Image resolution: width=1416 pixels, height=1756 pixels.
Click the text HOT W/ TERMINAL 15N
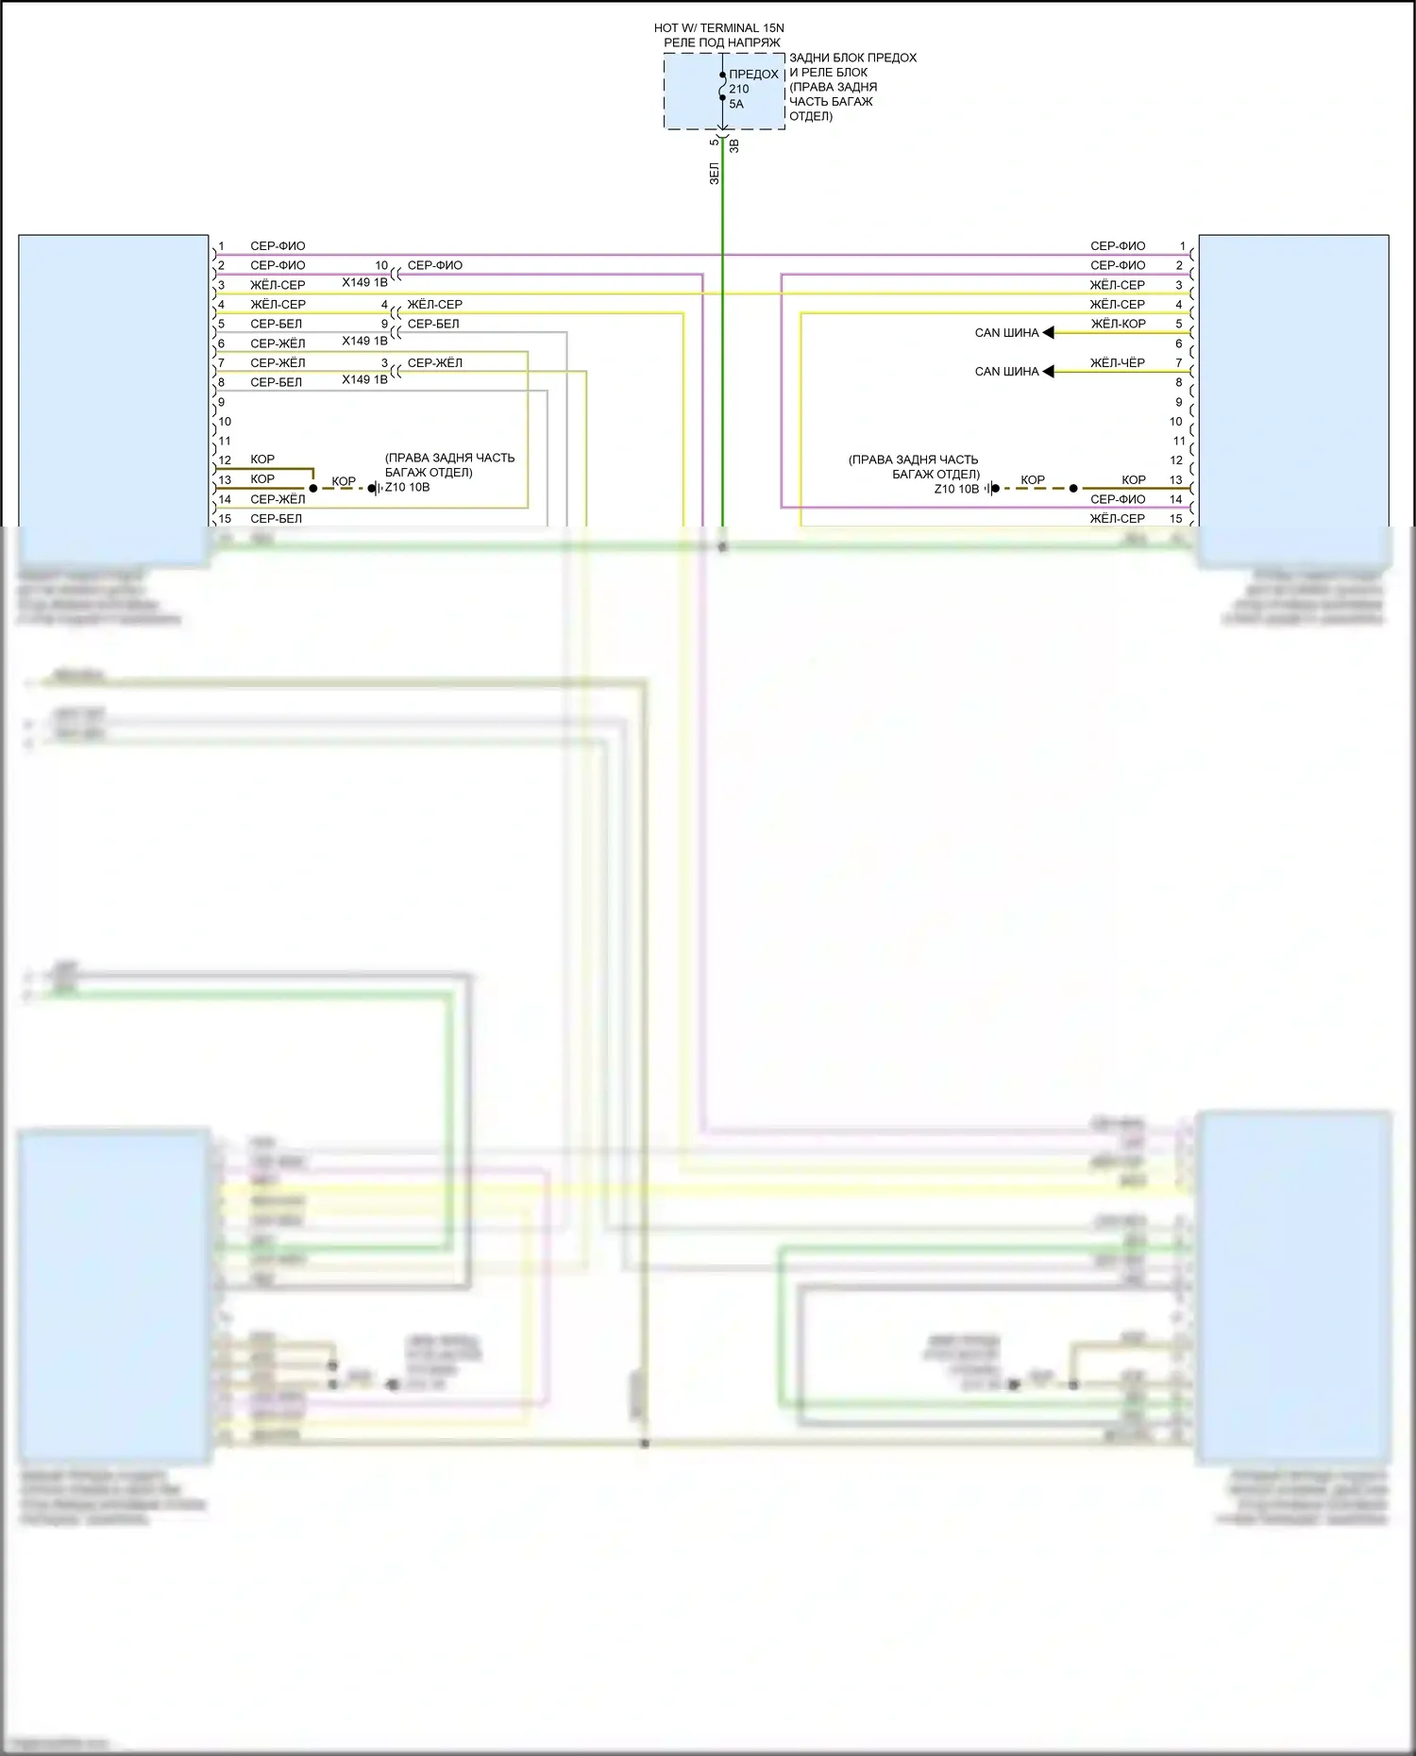[718, 28]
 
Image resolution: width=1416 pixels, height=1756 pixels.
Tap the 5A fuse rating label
[736, 104]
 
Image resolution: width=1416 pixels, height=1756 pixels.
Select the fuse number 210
[738, 89]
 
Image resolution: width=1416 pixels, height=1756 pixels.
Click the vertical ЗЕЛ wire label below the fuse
[714, 174]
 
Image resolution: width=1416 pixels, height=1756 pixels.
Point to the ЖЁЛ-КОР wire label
[1118, 324]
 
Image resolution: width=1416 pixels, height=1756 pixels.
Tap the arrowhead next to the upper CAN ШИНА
[1048, 332]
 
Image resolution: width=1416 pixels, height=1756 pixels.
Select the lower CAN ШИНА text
[1006, 372]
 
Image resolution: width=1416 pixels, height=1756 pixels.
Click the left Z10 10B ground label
[407, 488]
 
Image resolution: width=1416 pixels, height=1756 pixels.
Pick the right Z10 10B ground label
[956, 489]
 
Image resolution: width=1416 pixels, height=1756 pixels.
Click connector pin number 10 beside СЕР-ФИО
[381, 265]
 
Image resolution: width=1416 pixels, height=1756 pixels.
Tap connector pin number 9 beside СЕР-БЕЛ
[384, 324]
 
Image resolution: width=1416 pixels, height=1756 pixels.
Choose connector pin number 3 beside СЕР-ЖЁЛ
[384, 362]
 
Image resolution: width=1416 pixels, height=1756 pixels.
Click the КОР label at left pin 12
[262, 460]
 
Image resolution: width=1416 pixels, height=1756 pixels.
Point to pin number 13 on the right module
[1175, 480]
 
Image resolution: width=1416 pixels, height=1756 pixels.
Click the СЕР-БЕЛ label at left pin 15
[276, 519]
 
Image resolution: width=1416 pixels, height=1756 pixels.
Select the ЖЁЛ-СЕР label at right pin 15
[1117, 519]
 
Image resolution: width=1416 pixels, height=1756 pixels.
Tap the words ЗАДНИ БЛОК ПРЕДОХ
[852, 58]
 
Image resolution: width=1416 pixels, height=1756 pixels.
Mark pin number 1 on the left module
[222, 246]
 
